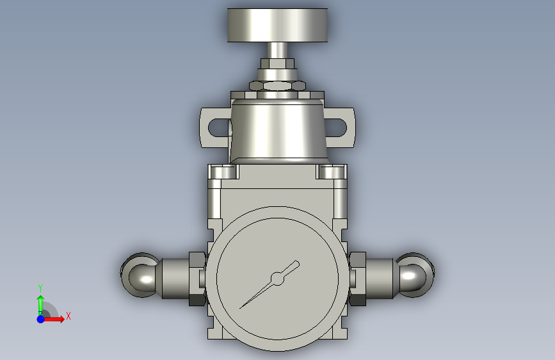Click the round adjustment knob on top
277,25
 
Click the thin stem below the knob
277,51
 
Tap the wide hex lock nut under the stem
277,86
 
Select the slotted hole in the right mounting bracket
335,128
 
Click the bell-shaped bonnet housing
278,131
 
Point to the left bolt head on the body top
223,172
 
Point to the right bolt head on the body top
331,172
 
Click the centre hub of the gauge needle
278,279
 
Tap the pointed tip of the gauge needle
240,308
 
